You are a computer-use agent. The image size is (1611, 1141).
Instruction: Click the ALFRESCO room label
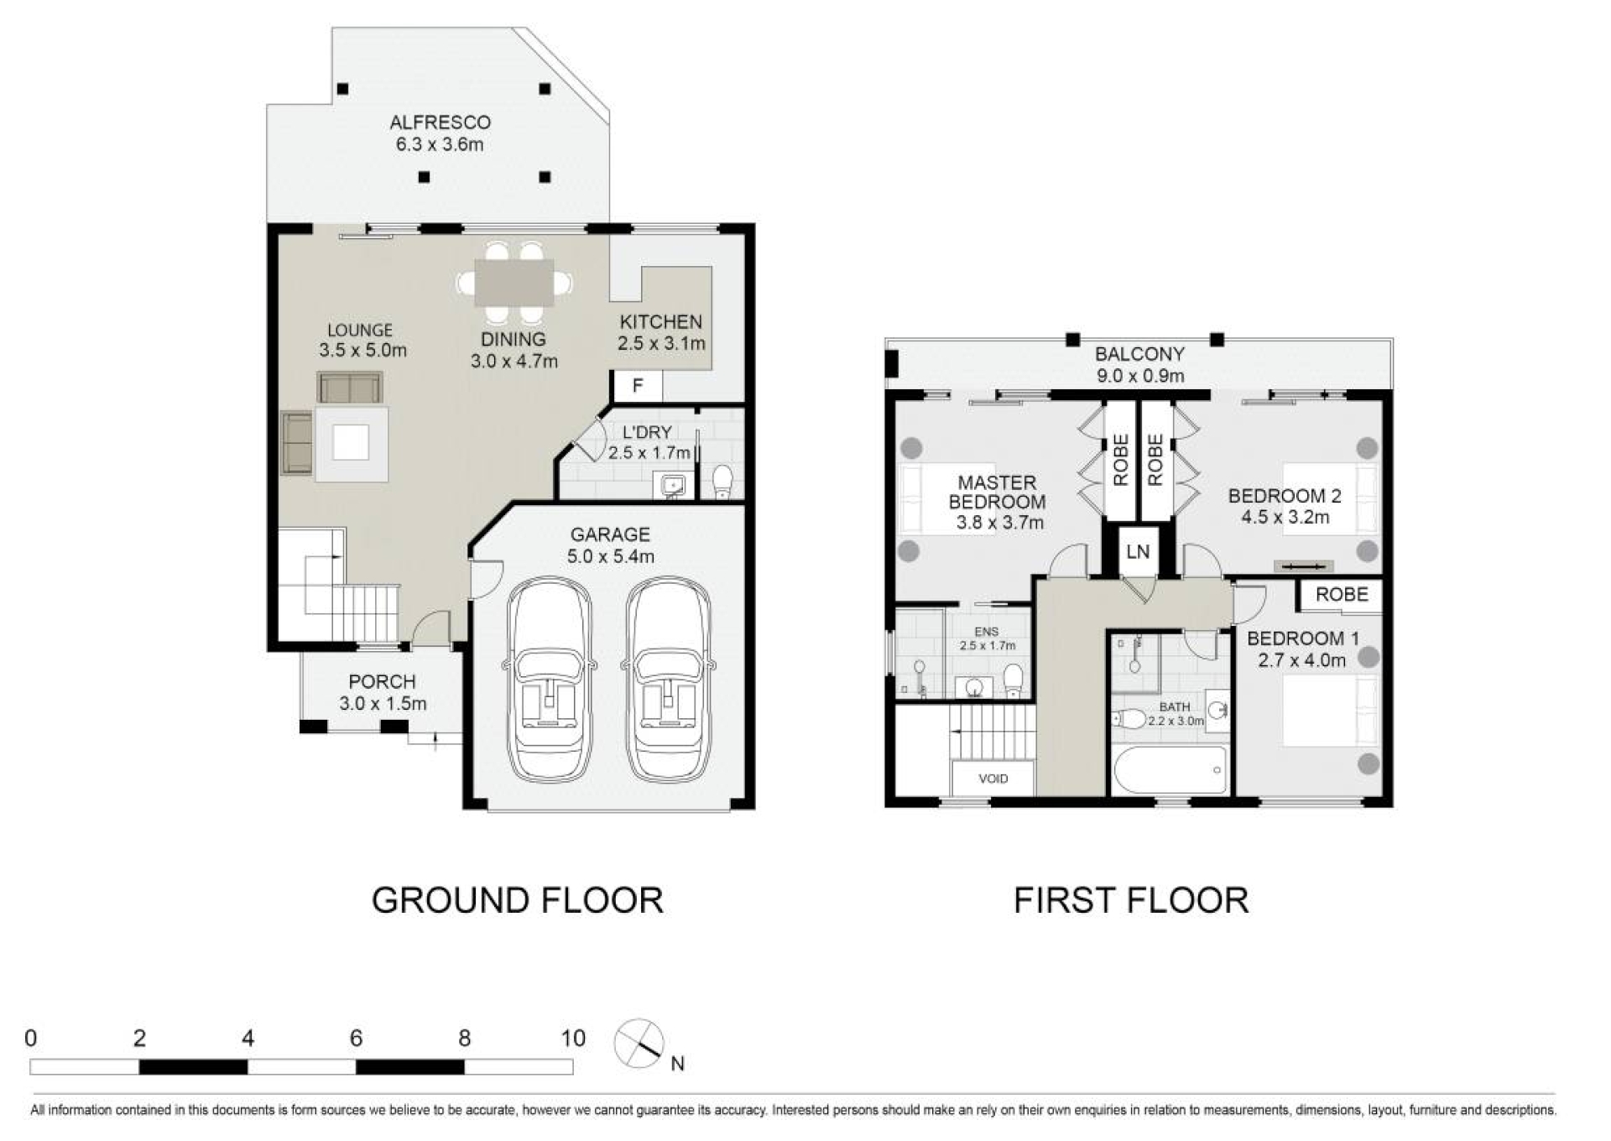coord(440,122)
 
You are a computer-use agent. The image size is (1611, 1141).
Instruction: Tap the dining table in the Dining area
coord(514,282)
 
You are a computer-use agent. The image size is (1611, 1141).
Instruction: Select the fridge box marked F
coord(638,386)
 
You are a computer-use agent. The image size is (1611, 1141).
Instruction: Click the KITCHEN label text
coord(661,322)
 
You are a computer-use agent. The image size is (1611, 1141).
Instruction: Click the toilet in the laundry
coord(722,482)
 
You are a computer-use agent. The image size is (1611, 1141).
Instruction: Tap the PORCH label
coord(383,682)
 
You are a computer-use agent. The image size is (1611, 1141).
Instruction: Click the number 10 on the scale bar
coord(573,1039)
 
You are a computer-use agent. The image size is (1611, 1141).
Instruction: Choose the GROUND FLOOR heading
coord(518,900)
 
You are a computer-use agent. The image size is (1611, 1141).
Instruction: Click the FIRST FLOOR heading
coord(1131,900)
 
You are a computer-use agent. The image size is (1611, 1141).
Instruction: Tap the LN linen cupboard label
coord(1138,552)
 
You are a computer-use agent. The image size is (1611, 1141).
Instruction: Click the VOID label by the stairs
coord(993,779)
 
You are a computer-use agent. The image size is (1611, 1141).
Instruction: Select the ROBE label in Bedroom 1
coord(1342,595)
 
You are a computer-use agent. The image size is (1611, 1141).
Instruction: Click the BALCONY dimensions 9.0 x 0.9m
coord(1139,376)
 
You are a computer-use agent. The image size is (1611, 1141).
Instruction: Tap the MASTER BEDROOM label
coord(997,492)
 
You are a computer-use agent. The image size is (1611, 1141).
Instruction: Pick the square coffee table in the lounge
coord(352,443)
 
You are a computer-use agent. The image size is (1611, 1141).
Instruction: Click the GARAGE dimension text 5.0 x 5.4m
coord(610,556)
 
